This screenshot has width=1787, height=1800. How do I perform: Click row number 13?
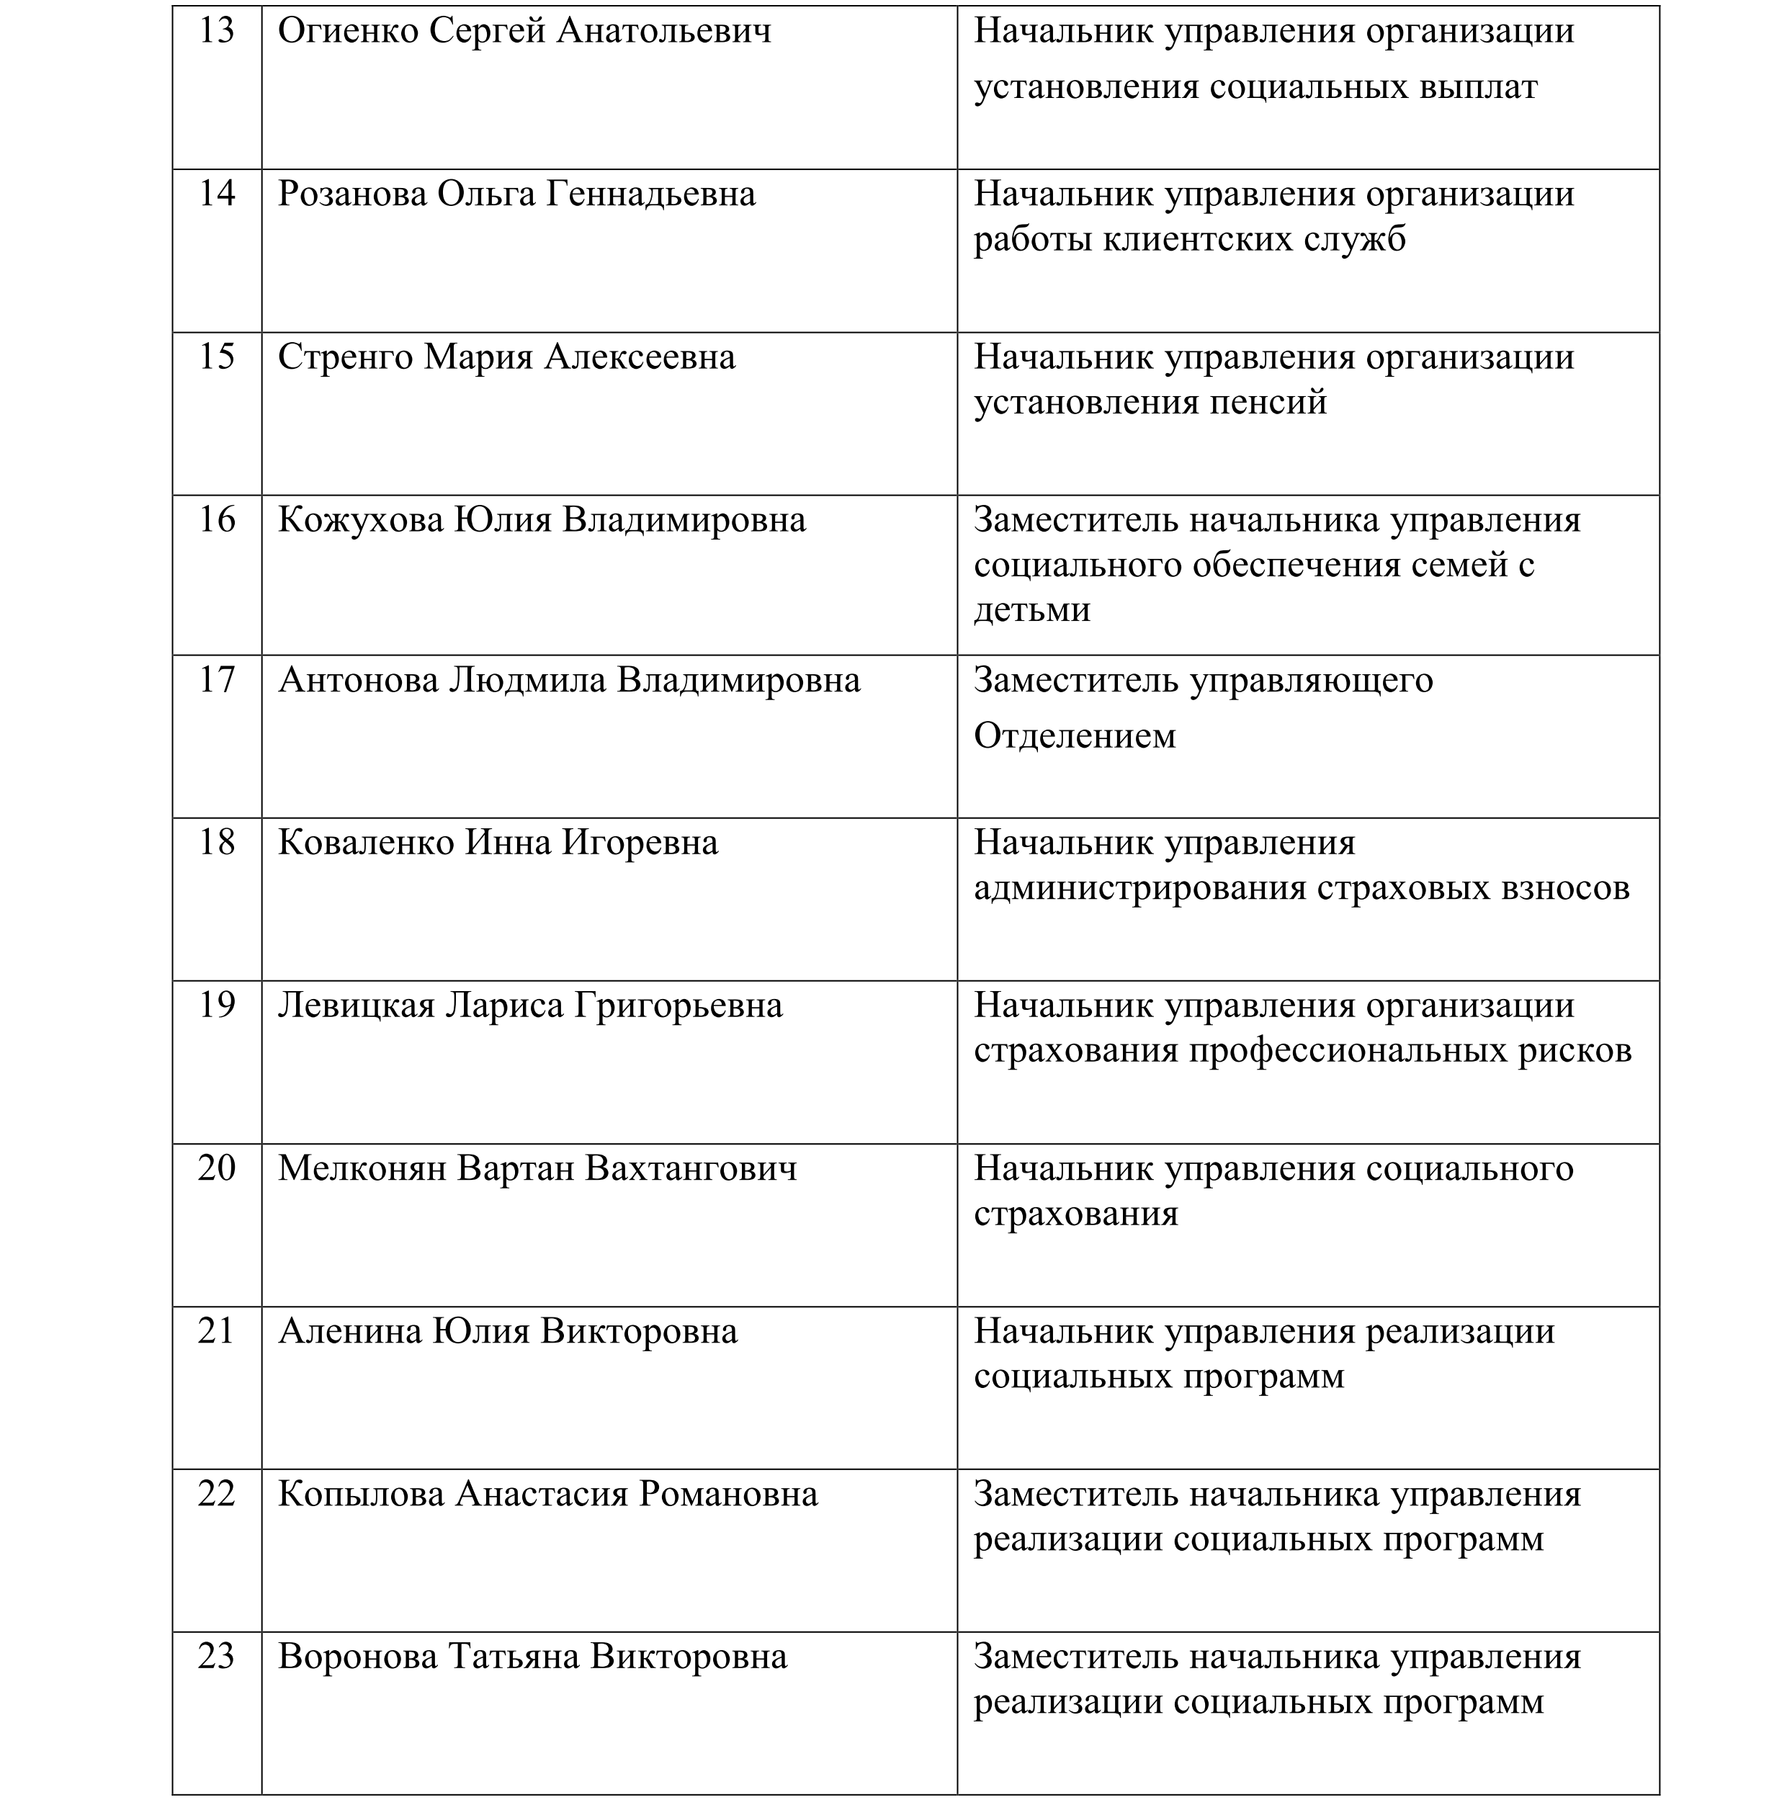coord(216,32)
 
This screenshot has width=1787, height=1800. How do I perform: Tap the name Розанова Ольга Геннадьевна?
coord(516,194)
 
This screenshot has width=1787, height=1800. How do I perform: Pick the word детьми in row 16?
coord(1031,610)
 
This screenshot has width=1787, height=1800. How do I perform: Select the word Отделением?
coord(1074,736)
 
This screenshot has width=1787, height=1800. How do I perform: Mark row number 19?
coord(216,1006)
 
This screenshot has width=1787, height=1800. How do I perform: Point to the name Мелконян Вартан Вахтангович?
coord(537,1169)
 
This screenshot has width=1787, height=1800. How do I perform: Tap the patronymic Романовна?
coord(727,1495)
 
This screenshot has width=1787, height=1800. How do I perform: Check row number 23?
coord(216,1657)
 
